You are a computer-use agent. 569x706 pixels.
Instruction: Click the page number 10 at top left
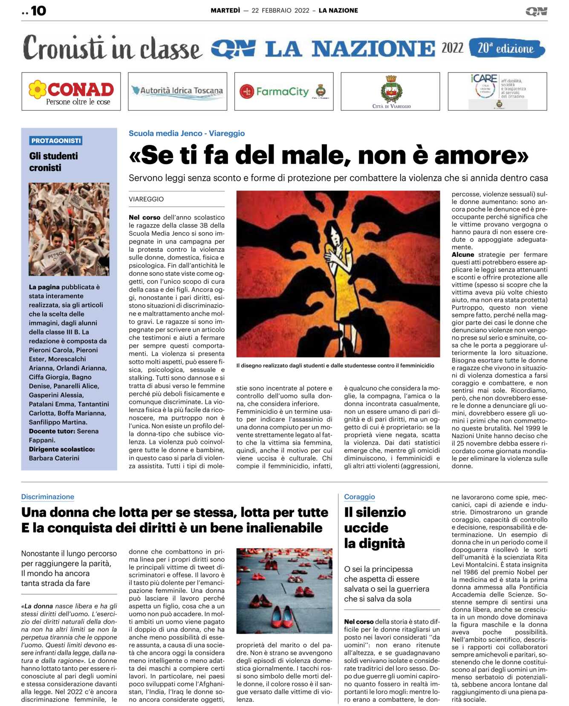[38, 11]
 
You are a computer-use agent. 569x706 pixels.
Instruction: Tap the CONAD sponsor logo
[71, 92]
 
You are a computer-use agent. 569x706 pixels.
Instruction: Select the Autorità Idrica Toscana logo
[177, 91]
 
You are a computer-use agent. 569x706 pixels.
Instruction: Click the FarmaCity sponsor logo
[283, 91]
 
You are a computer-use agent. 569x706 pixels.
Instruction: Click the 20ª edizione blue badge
[506, 49]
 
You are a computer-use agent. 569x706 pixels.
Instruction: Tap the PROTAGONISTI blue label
[56, 141]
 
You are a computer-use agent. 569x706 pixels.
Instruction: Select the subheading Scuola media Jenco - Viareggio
[187, 133]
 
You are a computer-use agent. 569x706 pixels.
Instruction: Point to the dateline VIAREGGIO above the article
[146, 199]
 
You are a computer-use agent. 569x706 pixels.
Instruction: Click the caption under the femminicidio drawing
[335, 366]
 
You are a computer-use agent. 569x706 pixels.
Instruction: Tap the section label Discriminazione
[48, 497]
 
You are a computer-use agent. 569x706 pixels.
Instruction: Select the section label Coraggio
[359, 497]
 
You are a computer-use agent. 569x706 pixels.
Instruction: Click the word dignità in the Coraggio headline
[375, 544]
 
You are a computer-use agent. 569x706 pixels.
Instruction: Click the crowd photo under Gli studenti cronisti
[69, 229]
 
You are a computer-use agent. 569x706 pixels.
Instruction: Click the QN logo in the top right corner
[536, 12]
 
